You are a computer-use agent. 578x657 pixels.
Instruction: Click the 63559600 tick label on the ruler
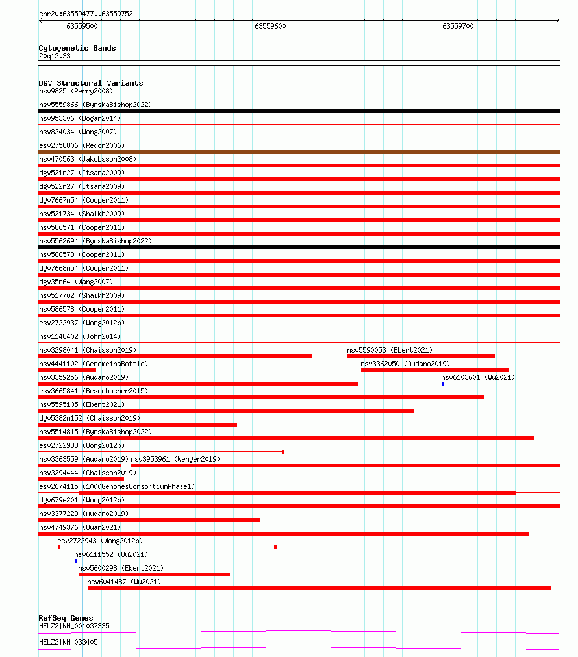click(x=270, y=27)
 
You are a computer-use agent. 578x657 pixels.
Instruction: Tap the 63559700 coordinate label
click(x=458, y=27)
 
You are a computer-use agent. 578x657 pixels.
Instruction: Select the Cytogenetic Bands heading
click(x=77, y=48)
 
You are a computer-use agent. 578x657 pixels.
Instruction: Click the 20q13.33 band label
click(x=55, y=56)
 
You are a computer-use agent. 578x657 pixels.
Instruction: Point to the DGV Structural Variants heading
click(x=91, y=83)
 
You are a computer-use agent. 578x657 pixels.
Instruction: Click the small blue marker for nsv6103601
click(x=443, y=384)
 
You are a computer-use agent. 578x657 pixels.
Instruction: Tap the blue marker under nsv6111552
click(x=76, y=561)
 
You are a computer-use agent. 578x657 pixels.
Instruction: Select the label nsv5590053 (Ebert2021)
click(x=390, y=350)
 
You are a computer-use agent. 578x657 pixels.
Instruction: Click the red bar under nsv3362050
click(x=434, y=370)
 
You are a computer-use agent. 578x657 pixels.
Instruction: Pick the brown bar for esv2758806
click(x=299, y=152)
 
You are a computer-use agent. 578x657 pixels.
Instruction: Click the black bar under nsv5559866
click(x=299, y=111)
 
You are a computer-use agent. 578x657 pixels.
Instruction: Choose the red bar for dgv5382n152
click(x=138, y=425)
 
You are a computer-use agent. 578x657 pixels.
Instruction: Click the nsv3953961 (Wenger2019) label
click(x=175, y=459)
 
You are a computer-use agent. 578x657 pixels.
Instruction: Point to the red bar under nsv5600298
click(x=154, y=575)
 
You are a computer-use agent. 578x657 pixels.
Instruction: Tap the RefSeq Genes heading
click(x=66, y=618)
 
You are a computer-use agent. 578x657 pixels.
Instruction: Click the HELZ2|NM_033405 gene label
click(x=69, y=642)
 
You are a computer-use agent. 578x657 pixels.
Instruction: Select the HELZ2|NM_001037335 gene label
click(x=74, y=626)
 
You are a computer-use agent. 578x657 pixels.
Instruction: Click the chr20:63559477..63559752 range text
click(x=86, y=14)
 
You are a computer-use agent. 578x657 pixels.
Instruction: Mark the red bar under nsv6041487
click(x=319, y=588)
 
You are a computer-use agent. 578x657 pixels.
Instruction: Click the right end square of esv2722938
click(x=283, y=452)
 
